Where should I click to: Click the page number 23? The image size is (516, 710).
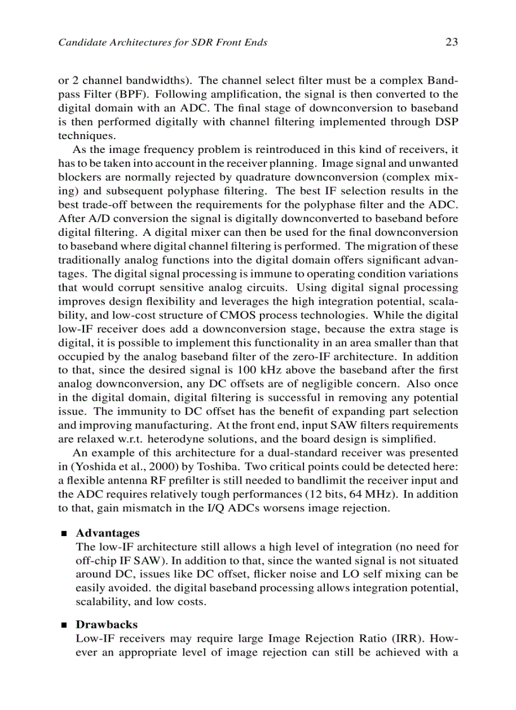tap(451, 42)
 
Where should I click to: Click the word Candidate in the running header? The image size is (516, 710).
tap(80, 43)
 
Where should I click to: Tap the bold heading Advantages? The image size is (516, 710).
tap(107, 533)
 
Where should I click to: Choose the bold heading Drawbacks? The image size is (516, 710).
tap(106, 624)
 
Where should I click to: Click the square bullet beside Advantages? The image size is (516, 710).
tap(63, 534)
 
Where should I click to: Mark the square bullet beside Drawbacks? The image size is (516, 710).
tap(63, 625)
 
